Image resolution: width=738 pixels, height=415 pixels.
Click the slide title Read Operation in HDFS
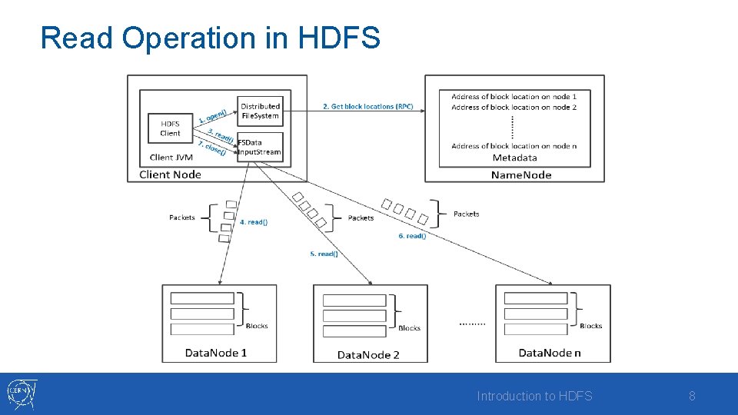point(210,38)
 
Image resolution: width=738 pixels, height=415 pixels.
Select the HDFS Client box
point(170,128)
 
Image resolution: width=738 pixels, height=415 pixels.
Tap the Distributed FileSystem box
point(261,111)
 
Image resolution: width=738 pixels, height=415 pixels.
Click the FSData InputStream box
point(261,147)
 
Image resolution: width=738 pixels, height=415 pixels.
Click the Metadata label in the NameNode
point(514,158)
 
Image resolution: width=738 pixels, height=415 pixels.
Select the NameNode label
point(521,174)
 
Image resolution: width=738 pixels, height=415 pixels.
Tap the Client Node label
point(170,174)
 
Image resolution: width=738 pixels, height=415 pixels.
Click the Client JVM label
point(171,158)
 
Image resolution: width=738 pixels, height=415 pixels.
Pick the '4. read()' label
point(253,222)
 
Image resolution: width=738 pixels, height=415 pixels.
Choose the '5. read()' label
point(324,254)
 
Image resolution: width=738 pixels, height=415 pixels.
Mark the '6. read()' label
point(412,236)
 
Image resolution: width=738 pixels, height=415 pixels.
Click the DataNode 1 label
point(216,353)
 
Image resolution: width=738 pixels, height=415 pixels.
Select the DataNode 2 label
point(368,354)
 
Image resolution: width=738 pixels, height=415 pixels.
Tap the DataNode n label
point(550,353)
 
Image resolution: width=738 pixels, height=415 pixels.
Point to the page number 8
point(692,396)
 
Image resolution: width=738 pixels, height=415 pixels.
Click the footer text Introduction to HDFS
point(534,396)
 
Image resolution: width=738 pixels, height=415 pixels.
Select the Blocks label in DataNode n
point(590,326)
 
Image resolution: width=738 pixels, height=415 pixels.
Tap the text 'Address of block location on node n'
point(514,146)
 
